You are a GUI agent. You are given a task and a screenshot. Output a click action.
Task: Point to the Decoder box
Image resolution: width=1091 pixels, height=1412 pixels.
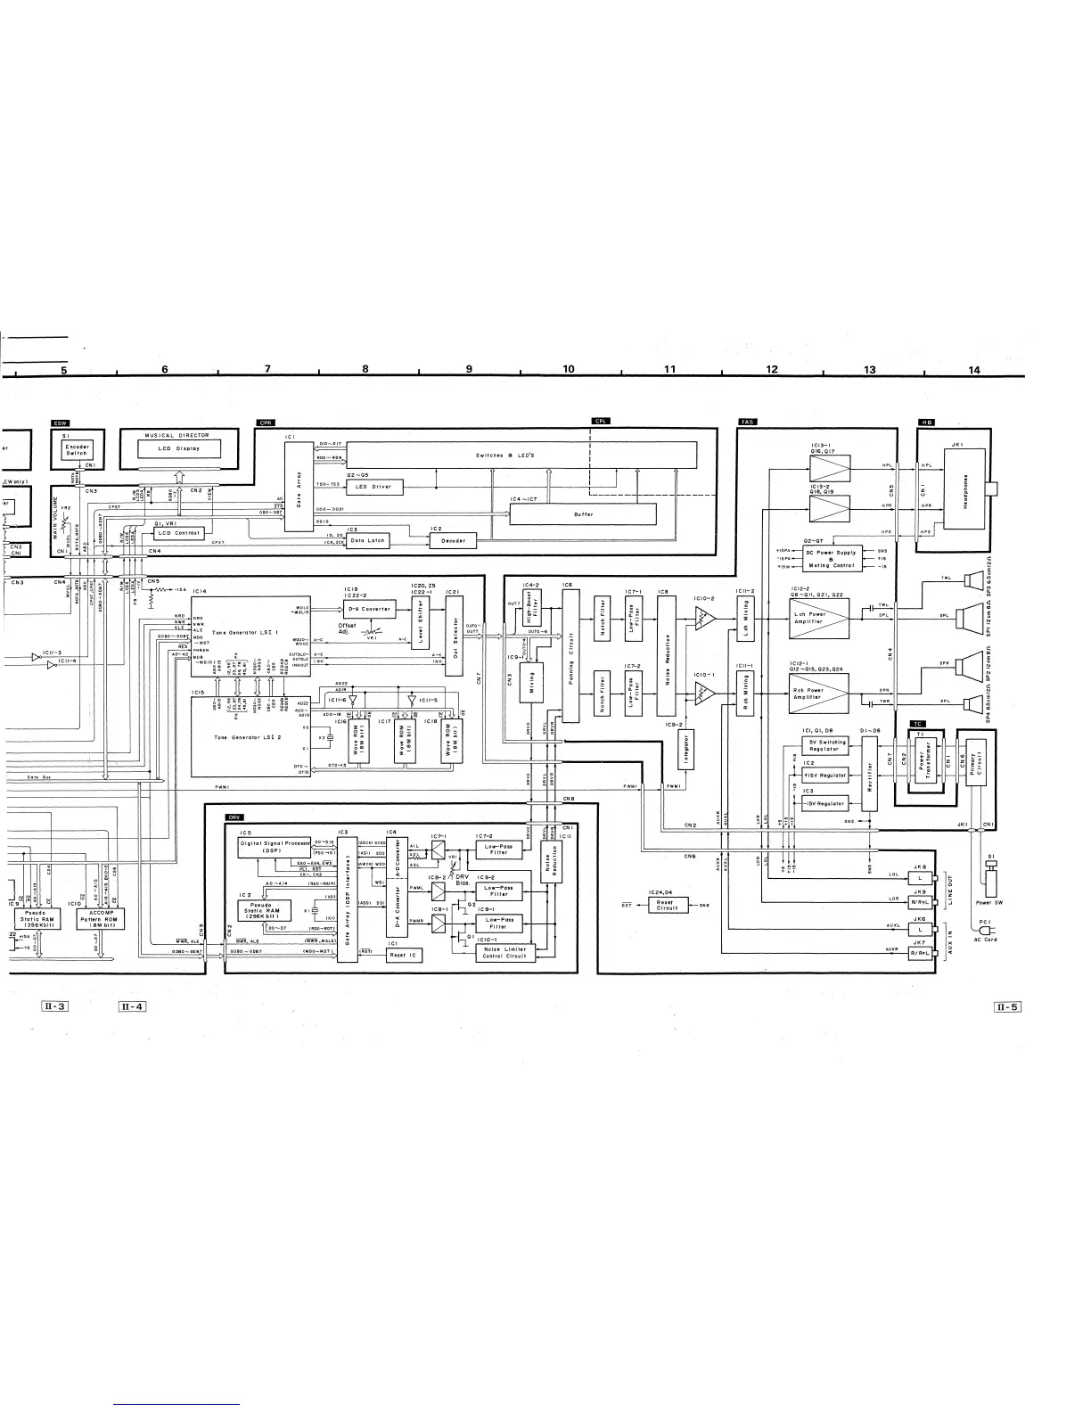point(454,540)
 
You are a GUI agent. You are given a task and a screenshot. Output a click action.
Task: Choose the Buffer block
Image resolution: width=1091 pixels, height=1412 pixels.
point(583,514)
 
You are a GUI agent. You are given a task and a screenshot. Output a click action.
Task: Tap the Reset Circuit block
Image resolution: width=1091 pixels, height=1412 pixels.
point(667,906)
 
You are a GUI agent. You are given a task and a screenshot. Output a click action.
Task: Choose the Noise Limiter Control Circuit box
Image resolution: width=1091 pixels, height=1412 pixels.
point(504,952)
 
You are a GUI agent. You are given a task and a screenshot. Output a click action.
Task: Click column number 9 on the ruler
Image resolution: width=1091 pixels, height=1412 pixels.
point(469,369)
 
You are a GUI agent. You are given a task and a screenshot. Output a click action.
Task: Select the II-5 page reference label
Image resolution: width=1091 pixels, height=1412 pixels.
point(1007,1007)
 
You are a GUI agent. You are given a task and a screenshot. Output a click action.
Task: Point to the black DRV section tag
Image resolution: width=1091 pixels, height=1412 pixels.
point(234,817)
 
